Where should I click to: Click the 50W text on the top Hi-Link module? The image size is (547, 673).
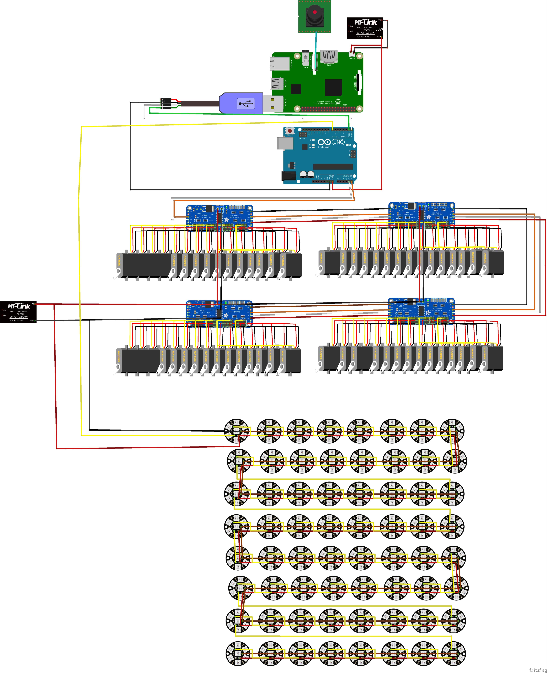pyautogui.click(x=379, y=29)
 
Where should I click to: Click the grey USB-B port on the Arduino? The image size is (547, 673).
pyautogui.click(x=283, y=143)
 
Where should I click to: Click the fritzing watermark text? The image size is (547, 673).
pyautogui.click(x=538, y=670)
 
